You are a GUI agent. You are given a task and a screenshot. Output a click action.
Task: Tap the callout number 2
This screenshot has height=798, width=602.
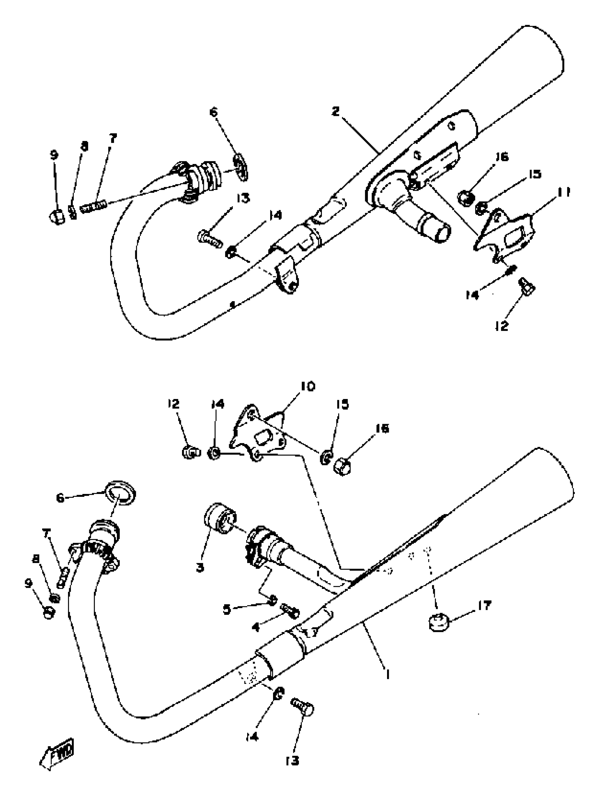336,112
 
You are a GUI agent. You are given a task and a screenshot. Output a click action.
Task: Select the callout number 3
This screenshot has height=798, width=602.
200,567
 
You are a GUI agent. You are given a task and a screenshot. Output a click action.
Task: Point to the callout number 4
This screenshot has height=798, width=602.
256,627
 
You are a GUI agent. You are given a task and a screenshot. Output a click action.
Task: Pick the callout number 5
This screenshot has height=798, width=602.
227,609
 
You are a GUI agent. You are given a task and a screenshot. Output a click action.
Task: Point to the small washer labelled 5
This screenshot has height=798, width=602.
273,600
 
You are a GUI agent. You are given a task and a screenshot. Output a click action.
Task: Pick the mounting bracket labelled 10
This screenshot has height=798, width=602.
258,435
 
